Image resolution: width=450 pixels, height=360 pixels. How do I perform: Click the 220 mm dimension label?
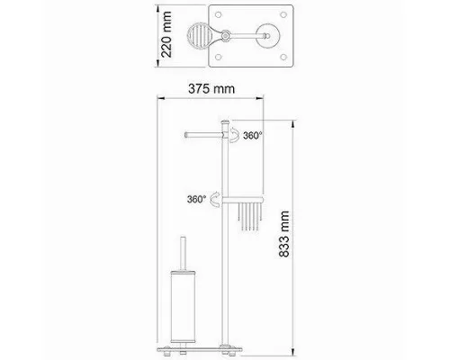[x=166, y=34]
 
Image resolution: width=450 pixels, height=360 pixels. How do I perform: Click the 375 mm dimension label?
[x=211, y=89]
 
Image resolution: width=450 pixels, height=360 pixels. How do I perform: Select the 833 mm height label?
[x=284, y=234]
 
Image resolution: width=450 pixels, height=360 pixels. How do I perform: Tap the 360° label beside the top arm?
[x=253, y=136]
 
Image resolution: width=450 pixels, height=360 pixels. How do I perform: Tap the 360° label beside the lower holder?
[x=196, y=199]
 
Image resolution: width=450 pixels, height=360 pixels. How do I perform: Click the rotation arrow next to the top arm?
[x=235, y=134]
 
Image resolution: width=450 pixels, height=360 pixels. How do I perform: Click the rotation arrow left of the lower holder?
[x=215, y=199]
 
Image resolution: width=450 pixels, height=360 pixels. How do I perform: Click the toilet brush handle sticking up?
[x=183, y=254]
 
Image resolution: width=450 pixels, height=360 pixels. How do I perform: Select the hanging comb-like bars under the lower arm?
[x=250, y=217]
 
